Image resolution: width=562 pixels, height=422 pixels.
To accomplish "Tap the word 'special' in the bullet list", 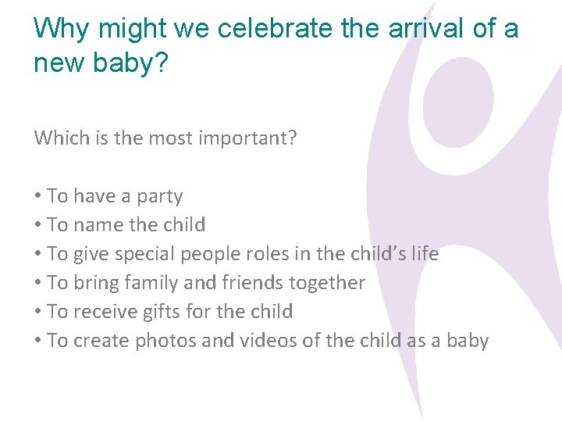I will (145, 254).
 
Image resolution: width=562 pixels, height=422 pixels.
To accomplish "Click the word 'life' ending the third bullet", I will (425, 254).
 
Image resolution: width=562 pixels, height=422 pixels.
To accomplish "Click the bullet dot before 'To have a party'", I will (38, 197).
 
